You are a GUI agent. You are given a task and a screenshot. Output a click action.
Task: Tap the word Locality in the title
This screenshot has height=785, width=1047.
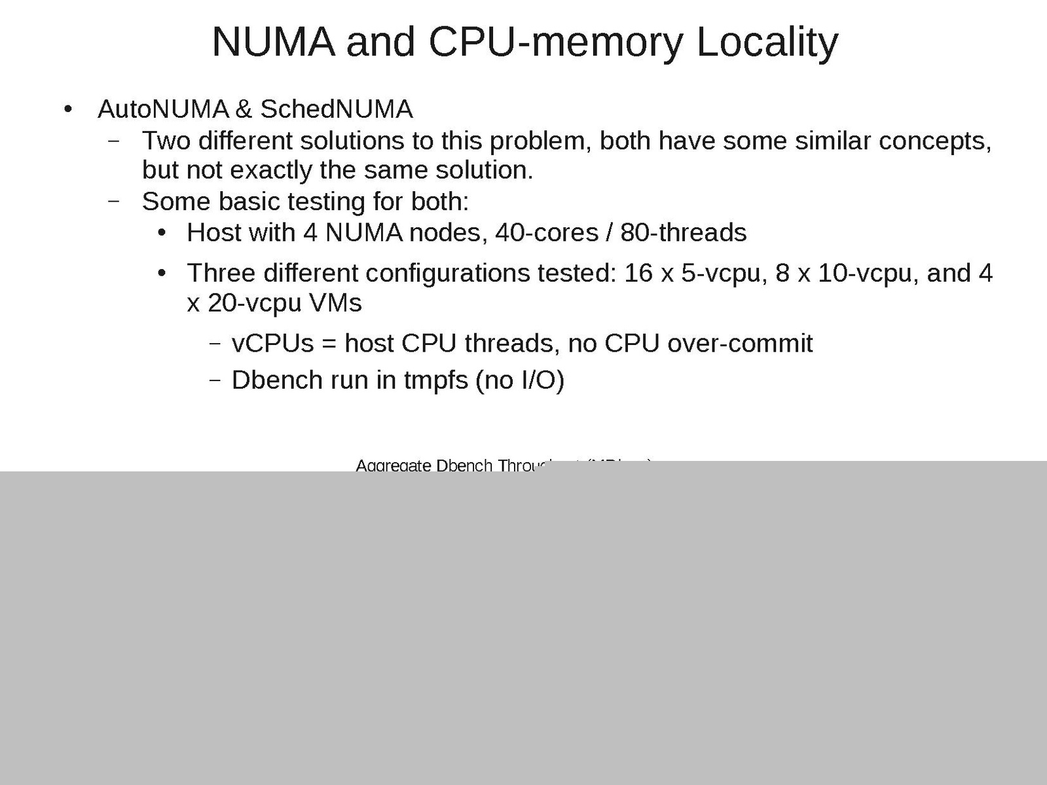[x=767, y=42]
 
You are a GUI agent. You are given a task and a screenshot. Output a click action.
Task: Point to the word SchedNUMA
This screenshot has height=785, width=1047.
[x=337, y=109]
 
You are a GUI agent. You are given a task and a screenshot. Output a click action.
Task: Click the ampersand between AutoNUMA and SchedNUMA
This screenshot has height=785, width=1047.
[x=244, y=109]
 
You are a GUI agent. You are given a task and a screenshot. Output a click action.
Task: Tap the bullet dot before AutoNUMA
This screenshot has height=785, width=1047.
[x=67, y=110]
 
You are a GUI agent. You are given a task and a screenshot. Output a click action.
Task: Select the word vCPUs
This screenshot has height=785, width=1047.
[x=273, y=343]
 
